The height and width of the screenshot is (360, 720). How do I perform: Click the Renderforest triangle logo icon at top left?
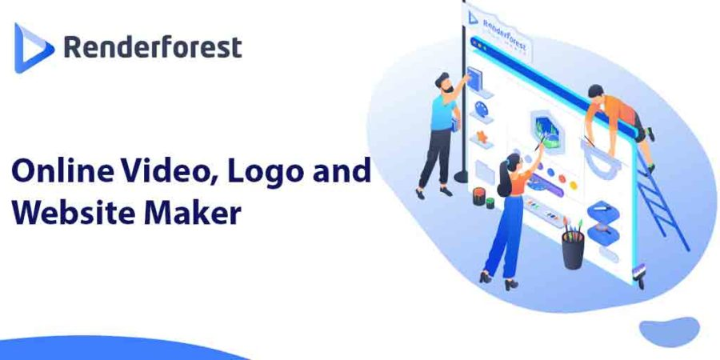point(33,48)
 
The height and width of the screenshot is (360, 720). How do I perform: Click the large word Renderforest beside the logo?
point(153,47)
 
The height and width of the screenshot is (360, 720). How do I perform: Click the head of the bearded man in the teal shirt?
point(445,83)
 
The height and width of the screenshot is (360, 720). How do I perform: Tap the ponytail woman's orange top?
point(520,181)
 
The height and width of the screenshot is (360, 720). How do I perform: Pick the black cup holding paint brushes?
point(573,250)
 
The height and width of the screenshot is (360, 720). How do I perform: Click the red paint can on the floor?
point(479,196)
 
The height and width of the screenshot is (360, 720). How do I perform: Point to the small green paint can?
point(490,202)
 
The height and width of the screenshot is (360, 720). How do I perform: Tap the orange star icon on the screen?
point(482,136)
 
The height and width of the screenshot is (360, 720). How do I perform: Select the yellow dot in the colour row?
point(573,185)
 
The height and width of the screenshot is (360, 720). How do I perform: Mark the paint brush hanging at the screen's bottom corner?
point(638,274)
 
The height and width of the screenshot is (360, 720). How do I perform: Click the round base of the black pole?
point(461,177)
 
